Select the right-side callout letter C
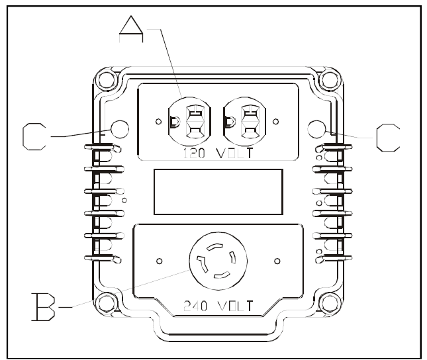[x=387, y=137]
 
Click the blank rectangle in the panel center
[x=218, y=192]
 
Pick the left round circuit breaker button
[x=119, y=128]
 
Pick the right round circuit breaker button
[x=316, y=128]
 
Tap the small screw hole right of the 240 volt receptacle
[x=276, y=260]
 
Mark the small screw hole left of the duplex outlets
[x=158, y=122]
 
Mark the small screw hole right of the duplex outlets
[x=275, y=122]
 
